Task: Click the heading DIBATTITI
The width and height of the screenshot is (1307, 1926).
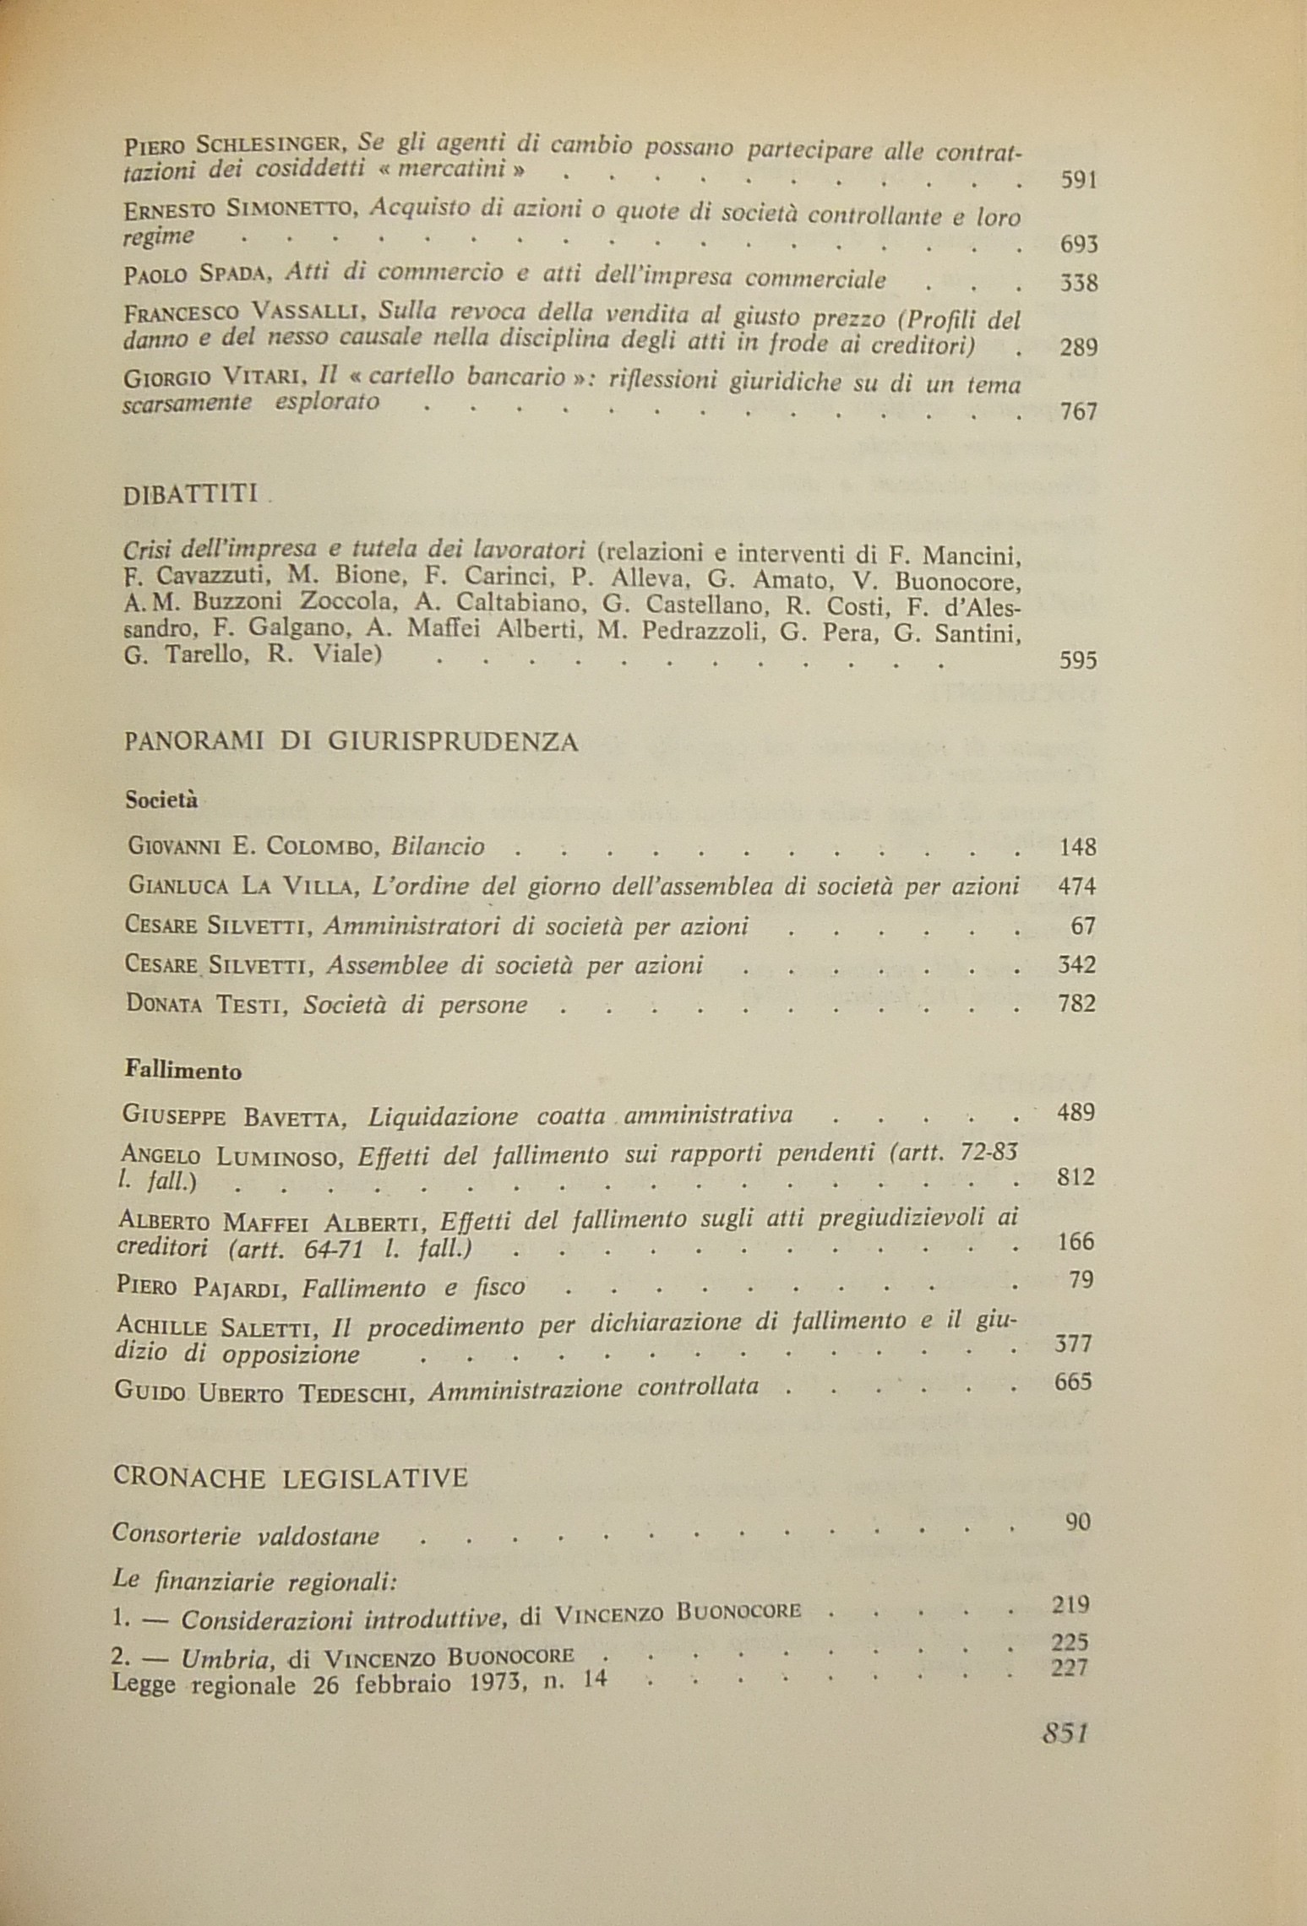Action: tap(190, 494)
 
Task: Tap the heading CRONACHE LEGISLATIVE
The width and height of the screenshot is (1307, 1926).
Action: tap(290, 1478)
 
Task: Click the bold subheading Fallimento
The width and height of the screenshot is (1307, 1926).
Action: tap(183, 1072)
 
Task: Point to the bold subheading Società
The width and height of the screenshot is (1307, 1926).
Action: tap(161, 799)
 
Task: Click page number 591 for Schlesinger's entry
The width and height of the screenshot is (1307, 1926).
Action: tap(1078, 180)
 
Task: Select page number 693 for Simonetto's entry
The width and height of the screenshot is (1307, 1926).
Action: tap(1078, 245)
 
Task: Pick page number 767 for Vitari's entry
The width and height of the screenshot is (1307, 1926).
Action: tap(1078, 412)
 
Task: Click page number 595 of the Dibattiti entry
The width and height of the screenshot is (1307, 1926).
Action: tap(1077, 659)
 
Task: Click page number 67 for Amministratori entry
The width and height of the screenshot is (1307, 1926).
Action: tap(1082, 925)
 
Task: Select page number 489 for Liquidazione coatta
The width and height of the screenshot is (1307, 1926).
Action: tap(1076, 1111)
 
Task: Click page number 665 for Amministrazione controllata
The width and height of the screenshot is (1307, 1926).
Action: tap(1074, 1381)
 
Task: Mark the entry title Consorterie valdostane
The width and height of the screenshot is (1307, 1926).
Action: tap(245, 1535)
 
